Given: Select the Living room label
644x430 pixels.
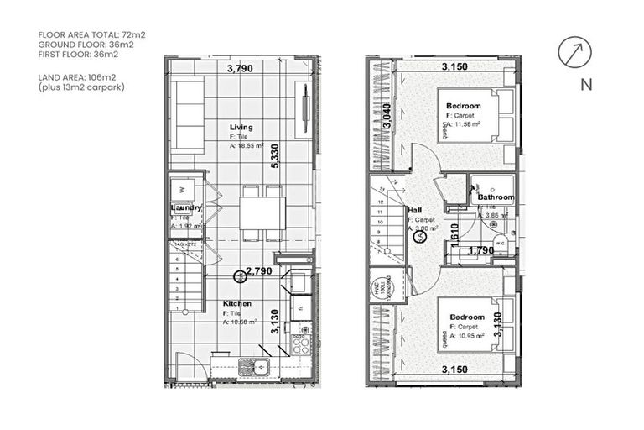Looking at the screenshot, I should [x=241, y=128].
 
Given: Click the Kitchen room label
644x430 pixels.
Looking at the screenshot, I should [x=237, y=303].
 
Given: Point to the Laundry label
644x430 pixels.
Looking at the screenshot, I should [x=186, y=207].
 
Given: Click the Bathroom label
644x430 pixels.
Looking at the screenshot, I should [x=496, y=197].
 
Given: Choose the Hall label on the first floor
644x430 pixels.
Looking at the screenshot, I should [x=414, y=210].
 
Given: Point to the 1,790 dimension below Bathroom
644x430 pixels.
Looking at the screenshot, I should [x=480, y=249].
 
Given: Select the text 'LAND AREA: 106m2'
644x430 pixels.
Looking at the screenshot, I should [x=78, y=78].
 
